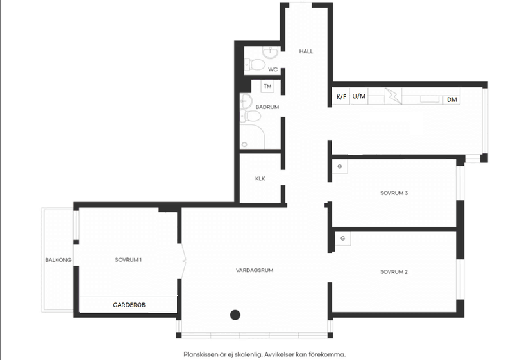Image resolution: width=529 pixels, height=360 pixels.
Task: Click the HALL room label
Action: click(306, 51)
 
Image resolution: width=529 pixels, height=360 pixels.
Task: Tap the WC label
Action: click(273, 69)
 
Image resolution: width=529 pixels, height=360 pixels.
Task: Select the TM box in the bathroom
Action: click(267, 86)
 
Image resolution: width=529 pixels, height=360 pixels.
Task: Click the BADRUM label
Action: click(267, 107)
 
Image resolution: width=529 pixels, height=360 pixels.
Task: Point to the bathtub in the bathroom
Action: click(253, 137)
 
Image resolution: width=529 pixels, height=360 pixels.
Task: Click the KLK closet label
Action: click(260, 179)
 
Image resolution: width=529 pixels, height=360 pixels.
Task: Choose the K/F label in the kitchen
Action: click(341, 97)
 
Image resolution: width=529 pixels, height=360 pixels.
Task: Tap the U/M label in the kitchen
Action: click(359, 97)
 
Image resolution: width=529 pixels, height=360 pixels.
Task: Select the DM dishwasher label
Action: click(452, 99)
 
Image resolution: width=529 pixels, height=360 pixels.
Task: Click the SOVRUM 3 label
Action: click(394, 193)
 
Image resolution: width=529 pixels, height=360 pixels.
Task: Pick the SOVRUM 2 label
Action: click(394, 272)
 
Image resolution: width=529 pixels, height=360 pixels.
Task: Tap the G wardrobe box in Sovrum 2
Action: click(343, 239)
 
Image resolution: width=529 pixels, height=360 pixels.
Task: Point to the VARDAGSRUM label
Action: click(255, 271)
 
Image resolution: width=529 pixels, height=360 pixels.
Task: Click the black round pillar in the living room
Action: click(235, 314)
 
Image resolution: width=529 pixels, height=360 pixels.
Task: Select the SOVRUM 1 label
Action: click(128, 260)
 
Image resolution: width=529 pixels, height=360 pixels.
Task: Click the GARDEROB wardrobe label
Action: click(128, 305)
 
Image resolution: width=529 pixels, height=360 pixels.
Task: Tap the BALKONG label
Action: click(58, 261)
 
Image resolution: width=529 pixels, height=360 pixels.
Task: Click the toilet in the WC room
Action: click(256, 64)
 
